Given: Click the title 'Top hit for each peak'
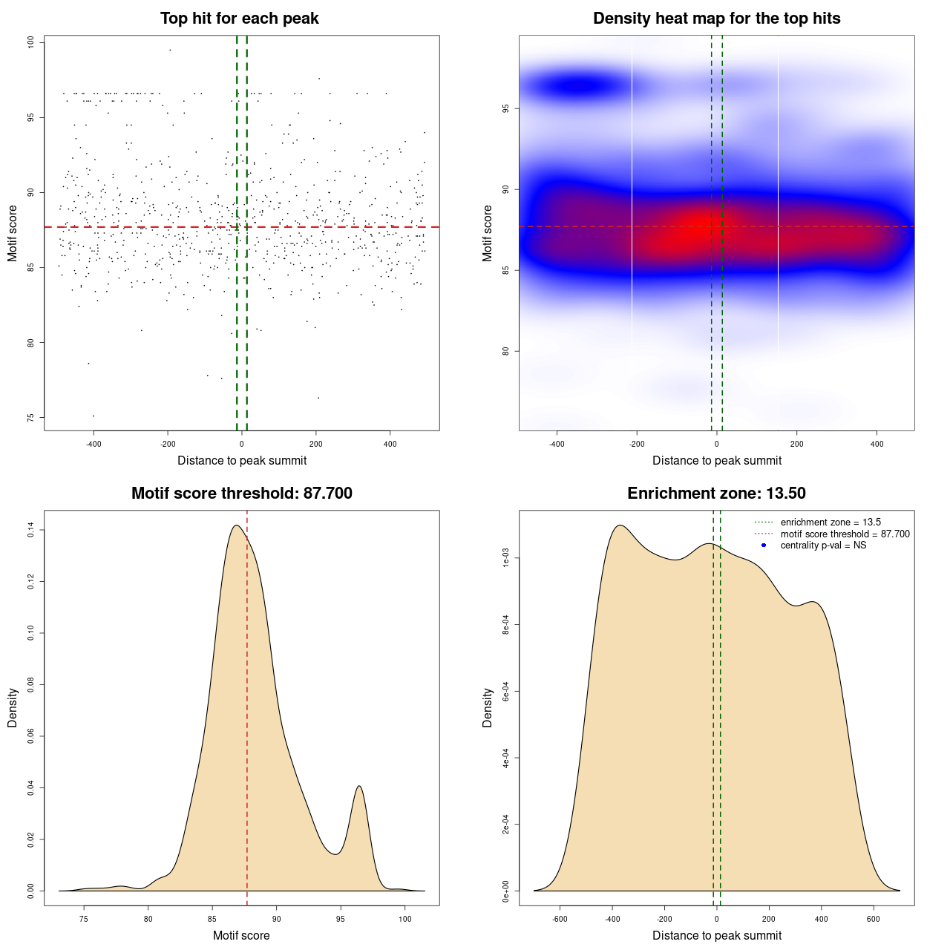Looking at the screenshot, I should point(239,19).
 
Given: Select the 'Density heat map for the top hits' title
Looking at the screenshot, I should point(716,19).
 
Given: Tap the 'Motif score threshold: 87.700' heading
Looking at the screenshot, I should point(241,494).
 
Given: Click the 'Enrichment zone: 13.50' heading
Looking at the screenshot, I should point(716,494).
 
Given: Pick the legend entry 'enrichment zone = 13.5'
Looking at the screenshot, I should point(831,522).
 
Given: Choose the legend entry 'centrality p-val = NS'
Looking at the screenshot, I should point(823,546).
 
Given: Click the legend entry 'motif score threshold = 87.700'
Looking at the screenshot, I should point(845,534).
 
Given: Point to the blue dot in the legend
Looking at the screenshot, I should point(764,546).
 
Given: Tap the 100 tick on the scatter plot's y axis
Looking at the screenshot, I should point(31,42).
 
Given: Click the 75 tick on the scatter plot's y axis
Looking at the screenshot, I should point(31,418).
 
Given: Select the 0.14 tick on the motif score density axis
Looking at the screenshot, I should point(31,530).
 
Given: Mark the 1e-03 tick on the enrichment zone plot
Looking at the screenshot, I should point(506,558).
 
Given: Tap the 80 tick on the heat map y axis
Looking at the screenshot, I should point(506,351).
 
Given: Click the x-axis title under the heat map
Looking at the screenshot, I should point(716,461).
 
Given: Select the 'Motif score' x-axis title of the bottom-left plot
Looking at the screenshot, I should point(241,936).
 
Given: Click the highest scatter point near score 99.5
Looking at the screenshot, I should point(170,50).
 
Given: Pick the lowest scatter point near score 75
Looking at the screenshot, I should point(93,416).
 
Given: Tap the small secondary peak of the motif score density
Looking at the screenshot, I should point(359,787).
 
